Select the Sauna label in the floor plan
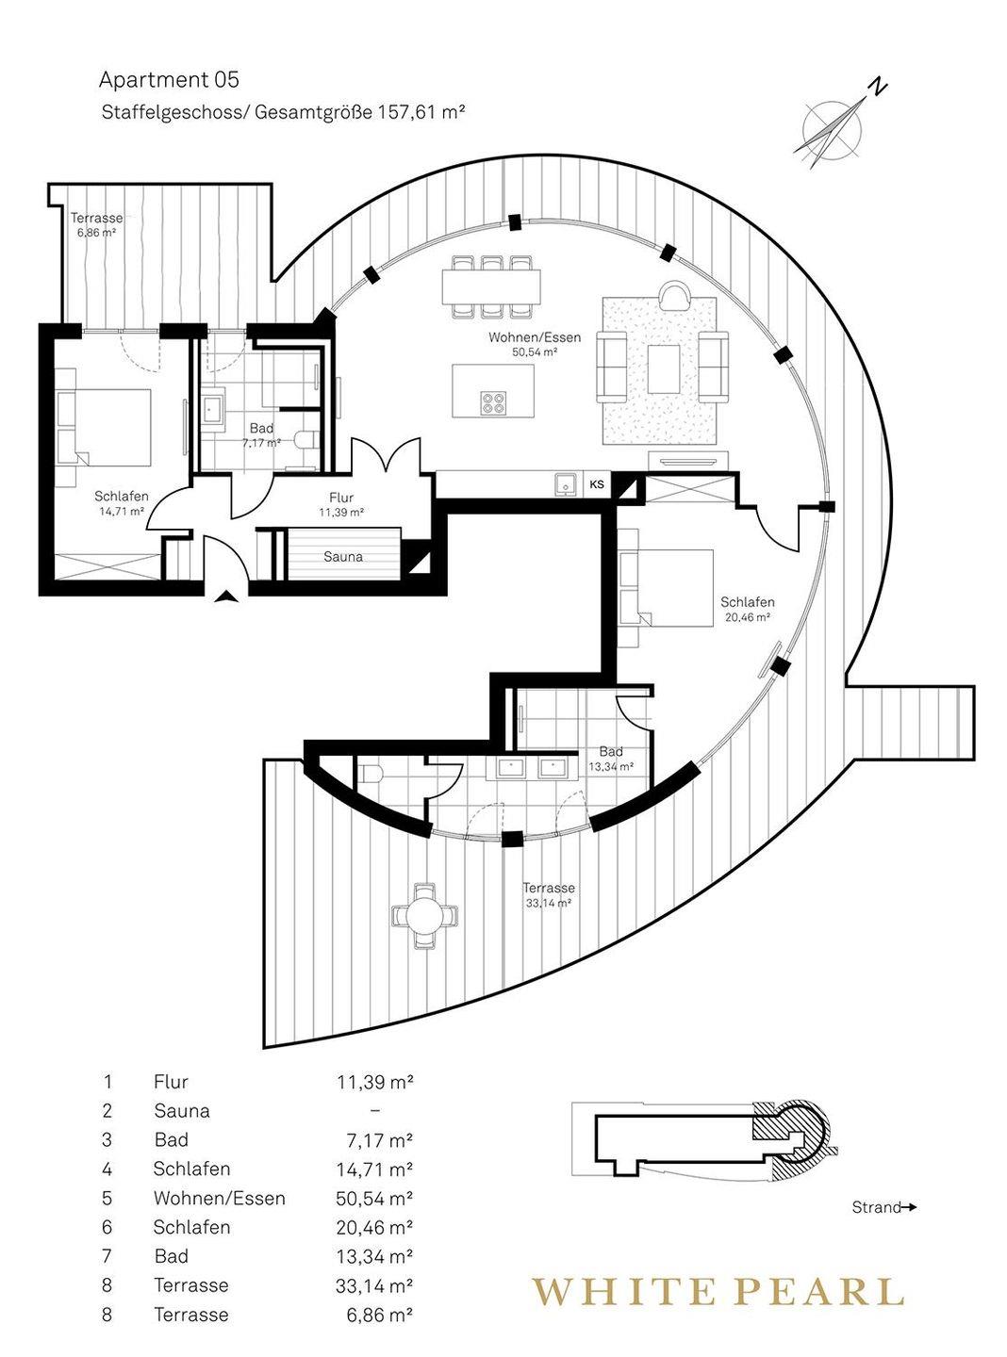point(343,556)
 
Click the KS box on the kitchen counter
point(597,484)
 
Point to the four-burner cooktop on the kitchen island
point(493,402)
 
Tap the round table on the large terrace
point(425,916)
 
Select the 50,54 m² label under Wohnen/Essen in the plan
point(535,352)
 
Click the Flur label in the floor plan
point(341,498)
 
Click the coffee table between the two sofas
point(664,368)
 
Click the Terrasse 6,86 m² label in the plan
point(96,224)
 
